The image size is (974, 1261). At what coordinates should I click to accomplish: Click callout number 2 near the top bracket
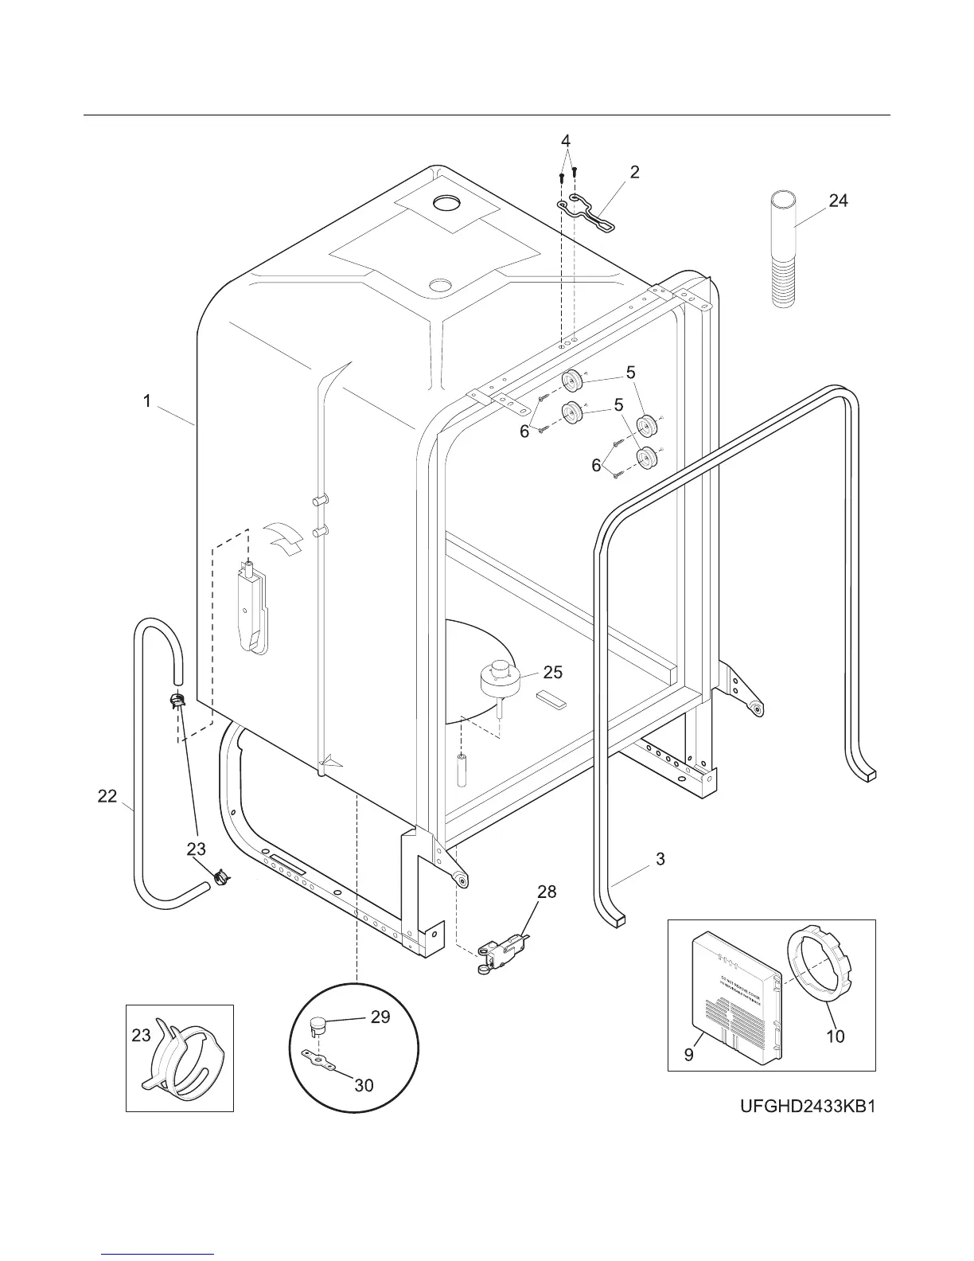[634, 172]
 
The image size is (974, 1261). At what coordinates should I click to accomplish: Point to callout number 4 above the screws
[566, 141]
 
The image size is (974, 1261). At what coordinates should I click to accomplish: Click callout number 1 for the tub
[147, 402]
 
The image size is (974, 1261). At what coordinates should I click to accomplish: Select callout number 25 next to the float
[552, 673]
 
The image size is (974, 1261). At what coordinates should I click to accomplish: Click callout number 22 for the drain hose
[107, 795]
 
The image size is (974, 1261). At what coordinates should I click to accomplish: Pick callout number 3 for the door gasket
[660, 859]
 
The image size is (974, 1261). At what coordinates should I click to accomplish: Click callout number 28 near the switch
[547, 892]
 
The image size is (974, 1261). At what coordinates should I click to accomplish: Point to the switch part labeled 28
[497, 952]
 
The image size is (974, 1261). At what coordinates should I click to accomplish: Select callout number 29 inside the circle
[380, 1017]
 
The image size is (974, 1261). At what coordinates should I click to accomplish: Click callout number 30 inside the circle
[364, 1085]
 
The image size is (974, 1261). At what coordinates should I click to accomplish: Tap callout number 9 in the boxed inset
[689, 1055]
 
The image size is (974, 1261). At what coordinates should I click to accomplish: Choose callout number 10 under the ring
[835, 1036]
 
